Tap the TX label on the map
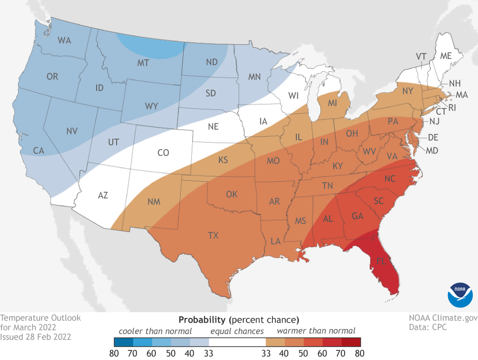coord(214,235)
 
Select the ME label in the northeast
coord(445,56)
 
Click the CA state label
coord(39,151)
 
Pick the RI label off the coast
coord(452,108)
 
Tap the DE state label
coord(433,137)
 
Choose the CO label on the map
coord(163,153)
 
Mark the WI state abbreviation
coord(293,96)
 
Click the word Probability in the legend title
coord(202,319)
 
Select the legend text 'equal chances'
coord(237,330)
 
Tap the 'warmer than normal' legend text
coord(316,330)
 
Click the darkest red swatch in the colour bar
coord(351,342)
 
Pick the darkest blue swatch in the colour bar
coord(123,342)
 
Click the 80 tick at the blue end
coord(114,353)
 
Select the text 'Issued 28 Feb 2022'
coord(36,337)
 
